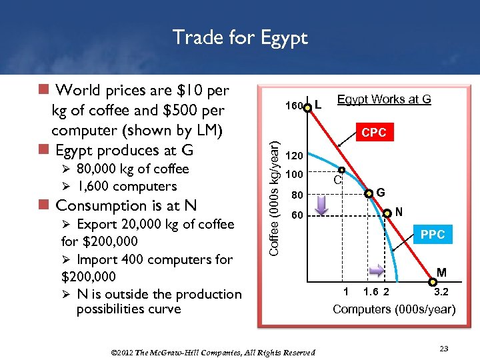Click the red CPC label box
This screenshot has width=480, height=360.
pyautogui.click(x=373, y=133)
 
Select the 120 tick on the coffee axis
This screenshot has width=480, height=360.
pyautogui.click(x=294, y=156)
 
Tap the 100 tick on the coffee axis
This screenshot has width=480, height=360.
pyautogui.click(x=294, y=175)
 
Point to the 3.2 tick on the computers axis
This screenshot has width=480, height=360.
pyautogui.click(x=441, y=291)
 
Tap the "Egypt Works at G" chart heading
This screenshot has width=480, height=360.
pyautogui.click(x=384, y=99)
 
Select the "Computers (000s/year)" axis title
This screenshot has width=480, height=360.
pyautogui.click(x=394, y=309)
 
